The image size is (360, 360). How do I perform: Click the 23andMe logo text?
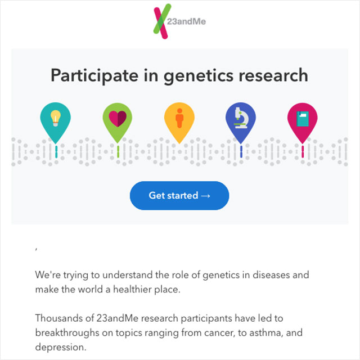(186, 21)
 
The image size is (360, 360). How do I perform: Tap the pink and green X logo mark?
(163, 21)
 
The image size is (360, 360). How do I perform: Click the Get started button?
(179, 196)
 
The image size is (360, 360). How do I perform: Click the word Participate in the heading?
(94, 76)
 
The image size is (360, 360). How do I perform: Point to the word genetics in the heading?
(199, 76)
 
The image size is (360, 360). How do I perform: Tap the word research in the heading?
(273, 76)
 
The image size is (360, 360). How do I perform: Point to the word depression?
(61, 347)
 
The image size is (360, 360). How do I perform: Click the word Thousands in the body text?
(65, 318)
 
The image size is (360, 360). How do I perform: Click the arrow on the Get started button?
(205, 196)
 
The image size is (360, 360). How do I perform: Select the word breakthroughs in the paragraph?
(67, 332)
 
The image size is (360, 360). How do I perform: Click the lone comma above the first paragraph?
(36, 249)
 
